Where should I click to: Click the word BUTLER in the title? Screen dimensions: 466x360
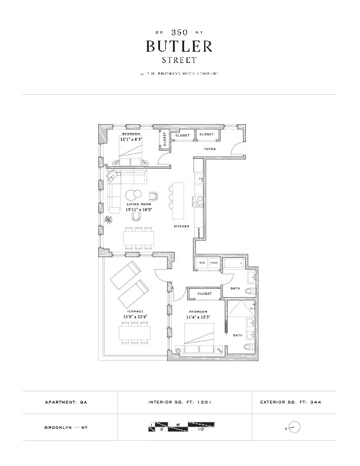[179, 46]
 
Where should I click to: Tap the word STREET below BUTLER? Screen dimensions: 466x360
[179, 59]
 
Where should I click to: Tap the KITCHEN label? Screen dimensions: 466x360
[180, 226]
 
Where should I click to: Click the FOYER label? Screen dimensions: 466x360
[210, 149]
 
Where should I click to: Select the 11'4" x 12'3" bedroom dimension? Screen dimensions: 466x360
[198, 317]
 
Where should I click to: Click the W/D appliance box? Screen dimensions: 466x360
[202, 262]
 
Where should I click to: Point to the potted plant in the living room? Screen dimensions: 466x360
[109, 220]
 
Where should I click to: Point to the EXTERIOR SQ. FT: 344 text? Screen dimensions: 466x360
[290, 402]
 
